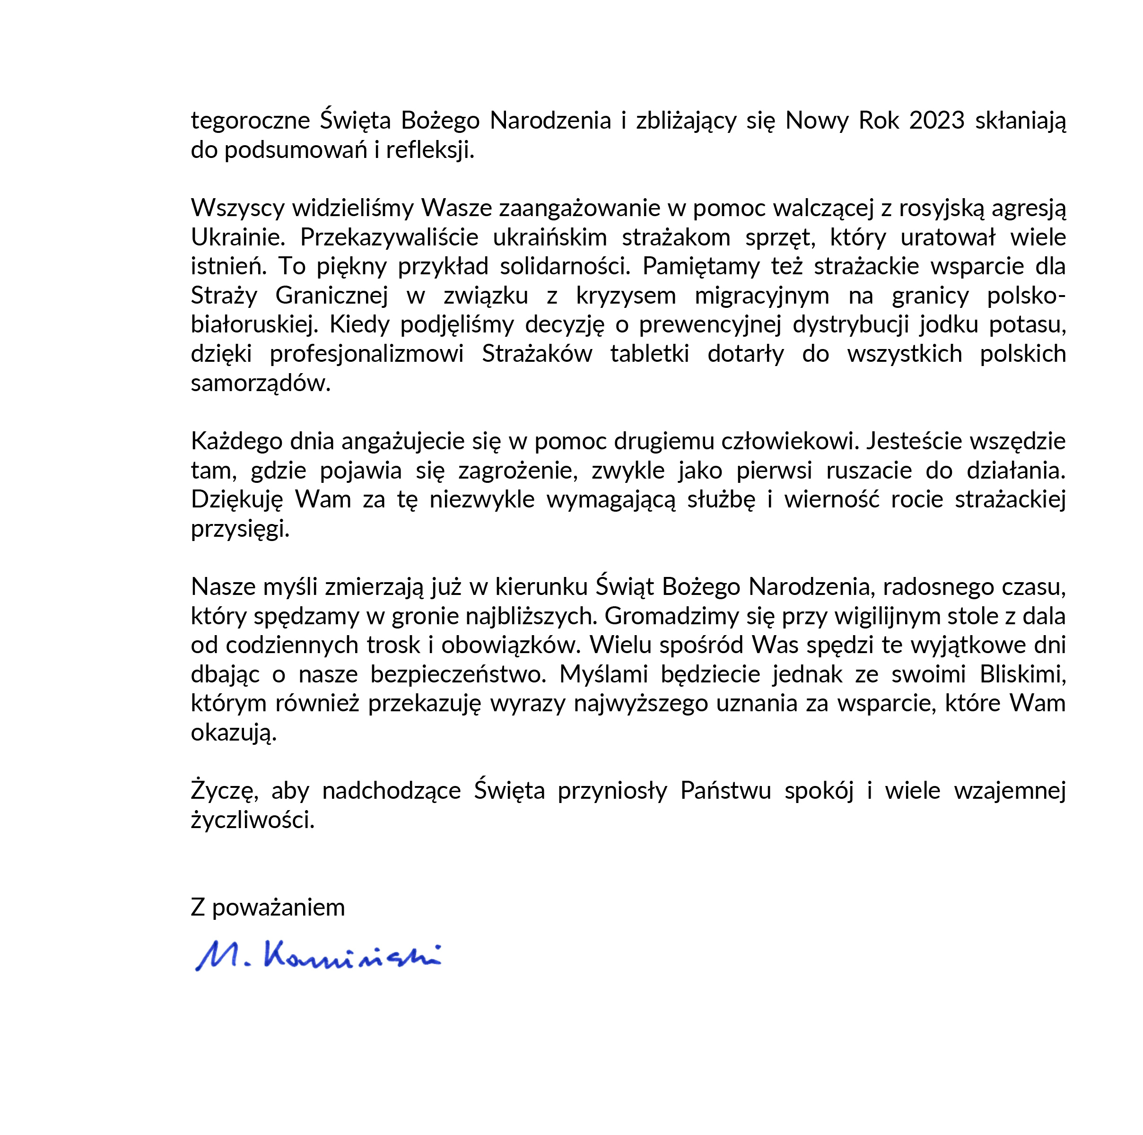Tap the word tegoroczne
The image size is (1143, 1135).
point(250,121)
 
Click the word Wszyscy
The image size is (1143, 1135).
point(236,208)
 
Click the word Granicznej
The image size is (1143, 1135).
point(332,295)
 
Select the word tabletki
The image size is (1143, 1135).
point(650,353)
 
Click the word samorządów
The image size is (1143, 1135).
point(260,384)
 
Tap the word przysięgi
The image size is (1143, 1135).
point(240,528)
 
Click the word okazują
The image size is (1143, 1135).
point(234,733)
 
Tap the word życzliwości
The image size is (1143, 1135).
point(253,820)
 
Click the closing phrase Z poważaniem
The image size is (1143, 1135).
point(267,907)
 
